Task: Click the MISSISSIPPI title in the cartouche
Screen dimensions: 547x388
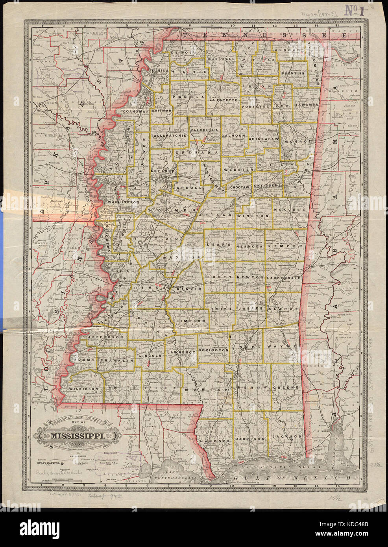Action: [76, 436]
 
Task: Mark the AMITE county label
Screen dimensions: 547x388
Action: [116, 388]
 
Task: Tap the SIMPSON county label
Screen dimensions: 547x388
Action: [191, 321]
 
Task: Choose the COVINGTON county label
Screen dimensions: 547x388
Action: [213, 349]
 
